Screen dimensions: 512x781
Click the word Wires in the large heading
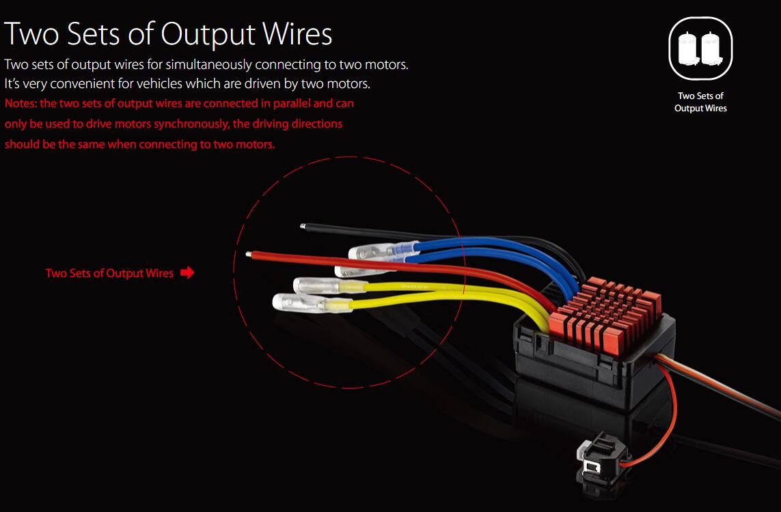point(294,33)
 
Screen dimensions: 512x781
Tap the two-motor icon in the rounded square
point(700,48)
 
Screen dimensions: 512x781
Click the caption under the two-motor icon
point(700,102)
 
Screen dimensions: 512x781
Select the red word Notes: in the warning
point(20,104)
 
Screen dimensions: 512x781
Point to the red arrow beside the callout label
point(187,273)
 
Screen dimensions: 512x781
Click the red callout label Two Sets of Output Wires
point(109,273)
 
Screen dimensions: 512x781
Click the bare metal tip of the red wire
point(248,255)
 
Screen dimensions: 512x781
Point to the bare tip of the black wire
point(303,225)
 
